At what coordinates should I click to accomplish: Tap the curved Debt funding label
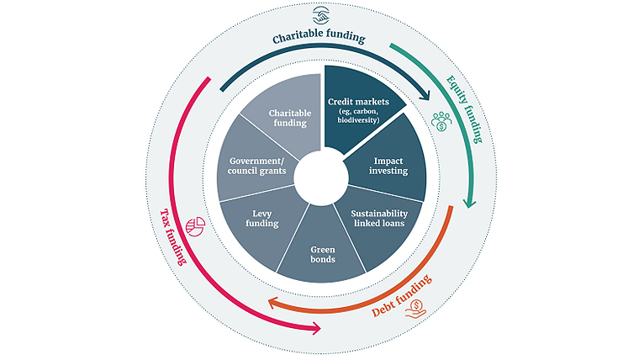(404, 299)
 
